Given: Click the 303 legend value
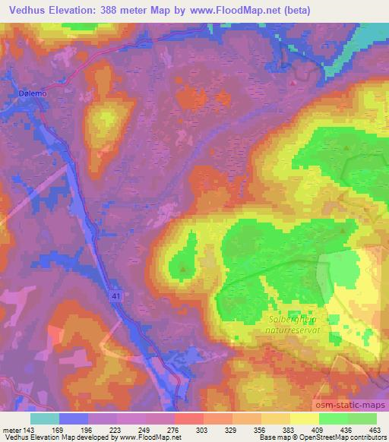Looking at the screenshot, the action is [x=200, y=429].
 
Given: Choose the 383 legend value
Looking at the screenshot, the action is [x=286, y=429].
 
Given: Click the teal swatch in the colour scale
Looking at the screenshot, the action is [x=45, y=418].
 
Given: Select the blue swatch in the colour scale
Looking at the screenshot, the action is [x=74, y=418].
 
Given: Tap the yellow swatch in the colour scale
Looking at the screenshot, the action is [x=304, y=418].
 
